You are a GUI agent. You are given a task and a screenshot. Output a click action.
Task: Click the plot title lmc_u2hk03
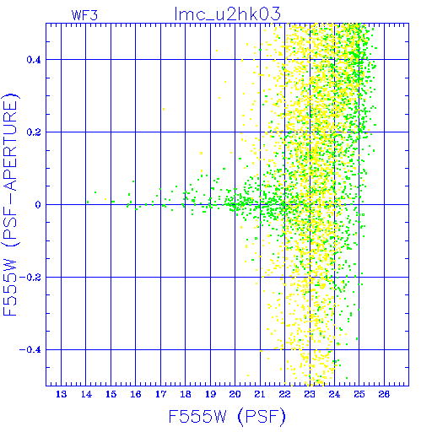click(227, 13)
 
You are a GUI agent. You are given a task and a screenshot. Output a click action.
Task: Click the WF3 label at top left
click(84, 15)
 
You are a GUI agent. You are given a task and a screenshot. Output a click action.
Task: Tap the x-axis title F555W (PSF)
click(227, 417)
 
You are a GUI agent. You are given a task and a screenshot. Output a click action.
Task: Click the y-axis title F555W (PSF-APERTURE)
click(10, 204)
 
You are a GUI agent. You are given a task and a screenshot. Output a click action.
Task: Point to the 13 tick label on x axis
click(61, 394)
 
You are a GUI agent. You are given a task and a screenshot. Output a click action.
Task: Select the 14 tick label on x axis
click(86, 394)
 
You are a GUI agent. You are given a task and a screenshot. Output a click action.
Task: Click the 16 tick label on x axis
click(136, 394)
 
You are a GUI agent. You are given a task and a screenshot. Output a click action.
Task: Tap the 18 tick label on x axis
click(186, 394)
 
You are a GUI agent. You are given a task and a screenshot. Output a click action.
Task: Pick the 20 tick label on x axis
click(235, 394)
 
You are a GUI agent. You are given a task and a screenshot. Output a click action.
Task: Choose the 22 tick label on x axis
click(284, 394)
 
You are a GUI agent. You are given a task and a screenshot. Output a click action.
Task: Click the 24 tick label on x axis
click(334, 394)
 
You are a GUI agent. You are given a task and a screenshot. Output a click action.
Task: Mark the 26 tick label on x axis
click(384, 394)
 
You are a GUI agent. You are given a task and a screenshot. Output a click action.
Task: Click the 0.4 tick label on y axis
click(34, 60)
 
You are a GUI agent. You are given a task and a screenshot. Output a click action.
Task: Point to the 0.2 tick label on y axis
click(34, 132)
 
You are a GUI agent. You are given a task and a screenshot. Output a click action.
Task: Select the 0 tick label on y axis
click(38, 205)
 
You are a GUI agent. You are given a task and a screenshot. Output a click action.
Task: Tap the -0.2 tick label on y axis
click(30, 278)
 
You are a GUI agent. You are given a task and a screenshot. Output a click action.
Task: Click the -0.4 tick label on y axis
click(30, 350)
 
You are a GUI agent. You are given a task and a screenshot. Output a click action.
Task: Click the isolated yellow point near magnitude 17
click(164, 109)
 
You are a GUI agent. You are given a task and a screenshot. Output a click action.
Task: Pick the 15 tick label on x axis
click(111, 394)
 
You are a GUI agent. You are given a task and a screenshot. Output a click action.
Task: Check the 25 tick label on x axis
click(359, 394)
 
